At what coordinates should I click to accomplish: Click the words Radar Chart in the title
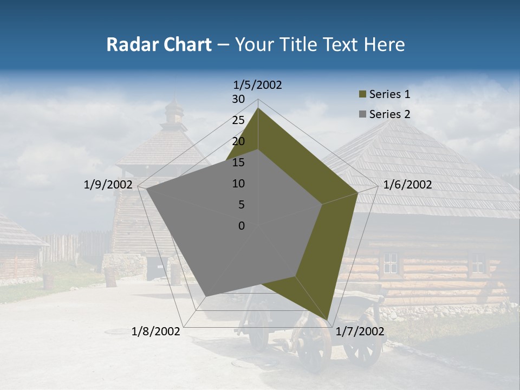point(159,44)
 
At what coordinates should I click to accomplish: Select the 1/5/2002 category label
point(258,85)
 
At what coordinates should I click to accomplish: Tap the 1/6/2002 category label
point(407,185)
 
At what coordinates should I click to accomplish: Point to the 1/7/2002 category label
point(360,331)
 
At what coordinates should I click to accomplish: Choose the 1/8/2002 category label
point(156,331)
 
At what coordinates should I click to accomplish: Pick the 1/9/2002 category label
point(108,185)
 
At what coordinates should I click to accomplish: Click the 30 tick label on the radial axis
point(238,99)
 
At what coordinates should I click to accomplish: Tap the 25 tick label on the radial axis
point(238,120)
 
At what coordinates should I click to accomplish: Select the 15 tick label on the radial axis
point(238,162)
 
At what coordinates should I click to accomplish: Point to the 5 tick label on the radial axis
point(241,205)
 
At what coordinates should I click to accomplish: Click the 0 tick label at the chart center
point(242,226)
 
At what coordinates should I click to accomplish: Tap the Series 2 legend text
point(389,114)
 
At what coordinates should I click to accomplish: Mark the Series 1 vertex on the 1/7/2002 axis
point(328,320)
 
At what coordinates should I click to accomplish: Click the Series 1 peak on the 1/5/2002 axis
point(258,108)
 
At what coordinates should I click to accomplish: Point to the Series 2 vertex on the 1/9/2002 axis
point(147,189)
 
